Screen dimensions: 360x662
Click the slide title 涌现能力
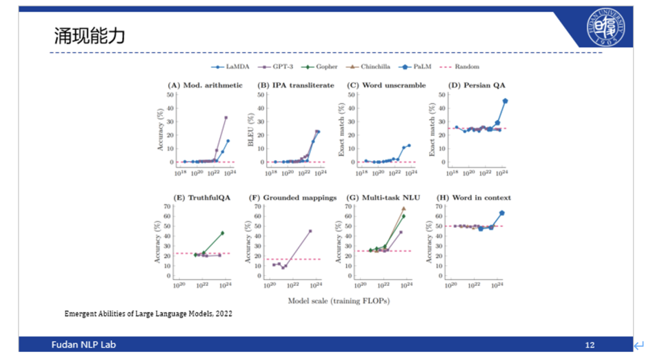tap(90, 37)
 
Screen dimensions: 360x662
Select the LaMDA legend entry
tap(229, 67)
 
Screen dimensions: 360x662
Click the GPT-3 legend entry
tap(274, 67)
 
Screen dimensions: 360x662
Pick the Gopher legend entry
tap(318, 67)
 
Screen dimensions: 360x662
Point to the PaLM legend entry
tap(417, 67)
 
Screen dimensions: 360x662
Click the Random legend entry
tap(461, 67)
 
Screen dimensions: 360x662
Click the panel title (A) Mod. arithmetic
tap(205, 85)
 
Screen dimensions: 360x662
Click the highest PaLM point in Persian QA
tap(505, 101)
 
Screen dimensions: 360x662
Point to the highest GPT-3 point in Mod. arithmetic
tap(225, 117)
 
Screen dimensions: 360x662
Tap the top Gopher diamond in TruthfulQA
tap(222, 233)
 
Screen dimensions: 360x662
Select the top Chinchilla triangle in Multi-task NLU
tap(403, 208)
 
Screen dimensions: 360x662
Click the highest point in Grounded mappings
tap(310, 231)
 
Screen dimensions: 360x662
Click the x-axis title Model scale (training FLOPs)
tap(338, 301)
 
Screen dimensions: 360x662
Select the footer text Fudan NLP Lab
tap(81, 345)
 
